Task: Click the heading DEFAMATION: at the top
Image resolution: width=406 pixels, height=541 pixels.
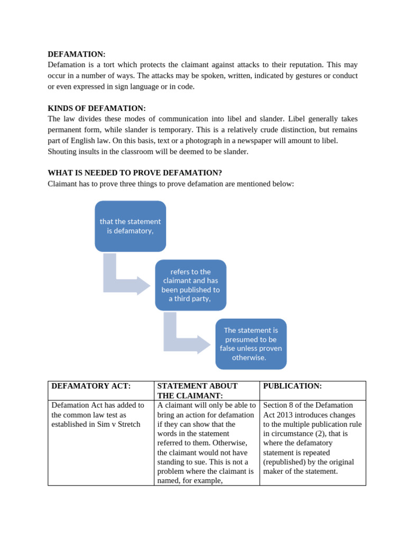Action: tap(77, 54)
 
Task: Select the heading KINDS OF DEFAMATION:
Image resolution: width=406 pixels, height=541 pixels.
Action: tap(97, 108)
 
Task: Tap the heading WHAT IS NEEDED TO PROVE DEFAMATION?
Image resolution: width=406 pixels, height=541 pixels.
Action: tap(135, 173)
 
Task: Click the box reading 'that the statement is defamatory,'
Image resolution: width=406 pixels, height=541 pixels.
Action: tap(130, 226)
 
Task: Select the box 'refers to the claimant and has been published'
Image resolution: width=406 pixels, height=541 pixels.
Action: tap(190, 285)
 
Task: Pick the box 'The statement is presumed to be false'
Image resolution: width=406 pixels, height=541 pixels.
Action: tap(251, 344)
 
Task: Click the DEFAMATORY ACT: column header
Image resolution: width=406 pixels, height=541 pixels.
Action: tap(91, 386)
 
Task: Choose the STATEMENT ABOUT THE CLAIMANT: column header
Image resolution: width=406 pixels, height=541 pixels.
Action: tap(198, 390)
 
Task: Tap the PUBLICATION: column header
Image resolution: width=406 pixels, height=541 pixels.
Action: tap(292, 386)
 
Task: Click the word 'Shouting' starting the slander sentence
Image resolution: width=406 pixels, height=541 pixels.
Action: tap(62, 152)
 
